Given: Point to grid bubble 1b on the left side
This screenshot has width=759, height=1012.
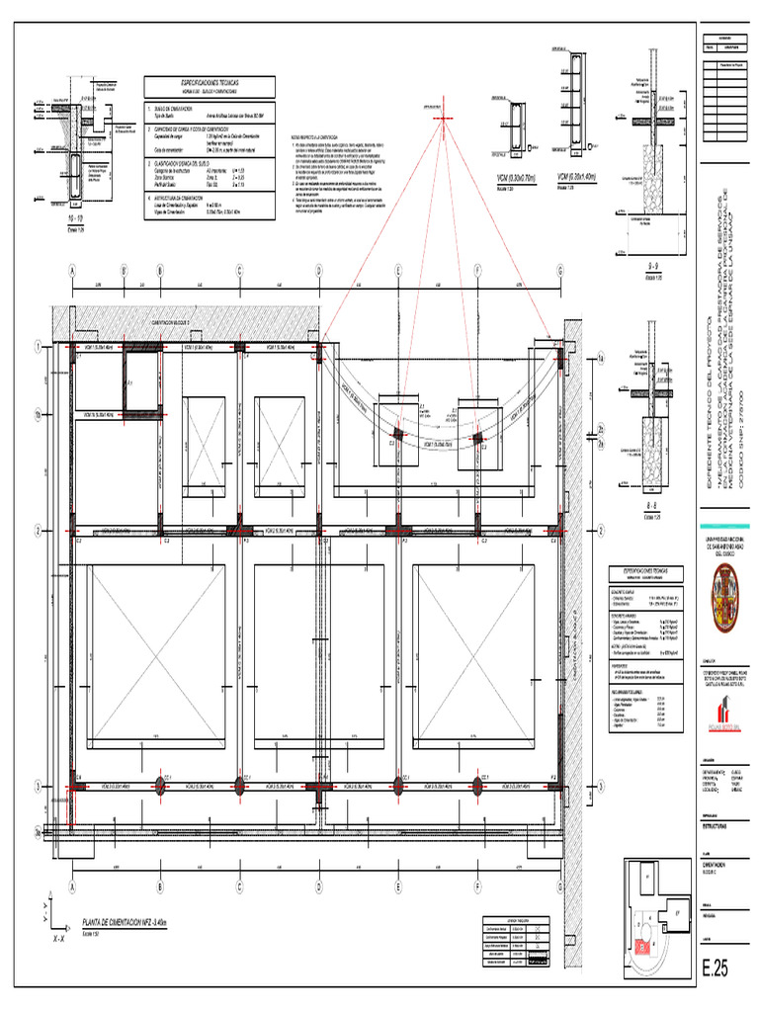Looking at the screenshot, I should [39, 415].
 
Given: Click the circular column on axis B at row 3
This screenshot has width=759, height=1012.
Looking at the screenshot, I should [160, 786].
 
